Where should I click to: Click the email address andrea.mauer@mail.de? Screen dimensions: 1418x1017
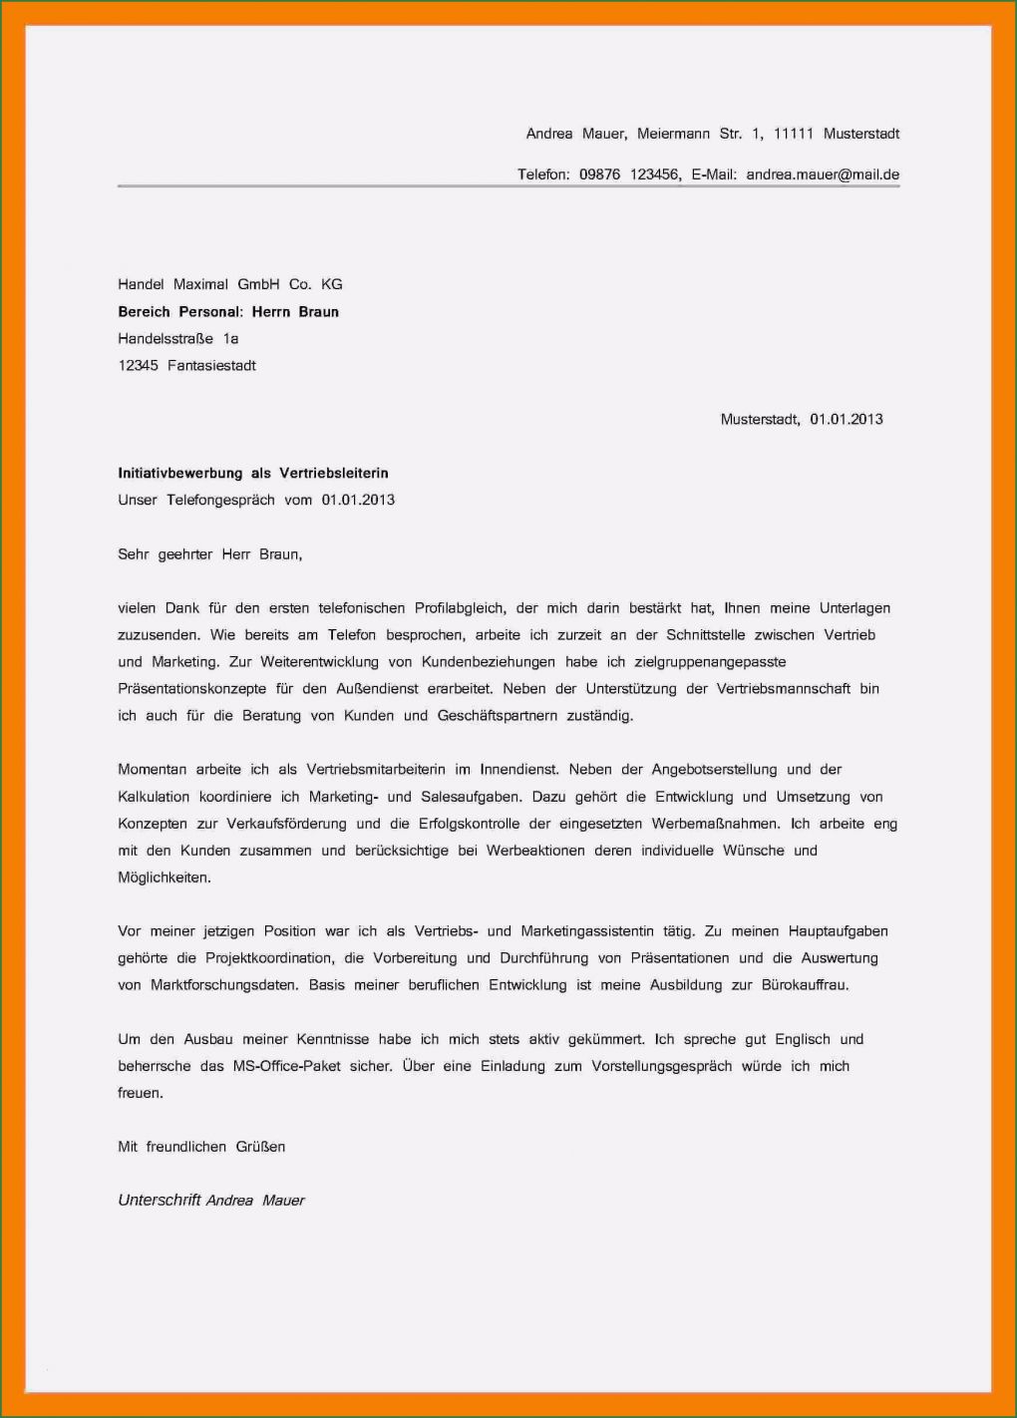823,175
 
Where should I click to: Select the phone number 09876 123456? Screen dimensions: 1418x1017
629,175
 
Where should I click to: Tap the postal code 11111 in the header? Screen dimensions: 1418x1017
794,134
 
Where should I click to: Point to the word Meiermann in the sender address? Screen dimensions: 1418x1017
673,134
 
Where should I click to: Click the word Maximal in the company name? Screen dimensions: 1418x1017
200,284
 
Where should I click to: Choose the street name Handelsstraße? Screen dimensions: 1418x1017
166,339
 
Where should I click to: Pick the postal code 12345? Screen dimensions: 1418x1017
138,366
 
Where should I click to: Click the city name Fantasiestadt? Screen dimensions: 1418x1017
211,366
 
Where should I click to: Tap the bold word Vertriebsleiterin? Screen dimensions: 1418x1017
334,474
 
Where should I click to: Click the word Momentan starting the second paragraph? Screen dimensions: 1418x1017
151,770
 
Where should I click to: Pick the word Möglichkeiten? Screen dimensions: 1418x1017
165,878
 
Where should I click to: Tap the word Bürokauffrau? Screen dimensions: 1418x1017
805,985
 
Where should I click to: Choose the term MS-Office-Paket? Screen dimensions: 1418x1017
285,1066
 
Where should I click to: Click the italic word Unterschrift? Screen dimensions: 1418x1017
160,1201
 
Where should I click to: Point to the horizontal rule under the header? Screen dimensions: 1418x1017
508,186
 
